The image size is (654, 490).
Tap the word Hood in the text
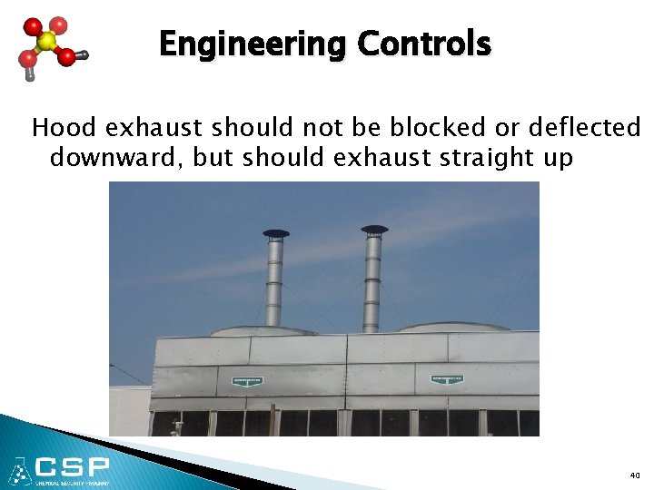57,127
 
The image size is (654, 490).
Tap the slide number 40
634,475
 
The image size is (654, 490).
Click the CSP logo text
73,468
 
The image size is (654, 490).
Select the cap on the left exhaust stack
276,233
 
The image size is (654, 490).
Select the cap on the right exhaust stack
373,230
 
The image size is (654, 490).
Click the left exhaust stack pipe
274,281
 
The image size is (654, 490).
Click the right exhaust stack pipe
372,281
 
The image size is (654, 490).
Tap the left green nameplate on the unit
246,380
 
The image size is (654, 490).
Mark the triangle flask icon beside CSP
19,471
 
